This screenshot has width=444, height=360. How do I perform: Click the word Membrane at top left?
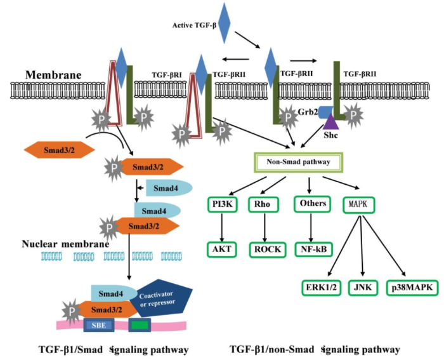53,75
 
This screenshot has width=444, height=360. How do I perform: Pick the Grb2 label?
307,111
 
